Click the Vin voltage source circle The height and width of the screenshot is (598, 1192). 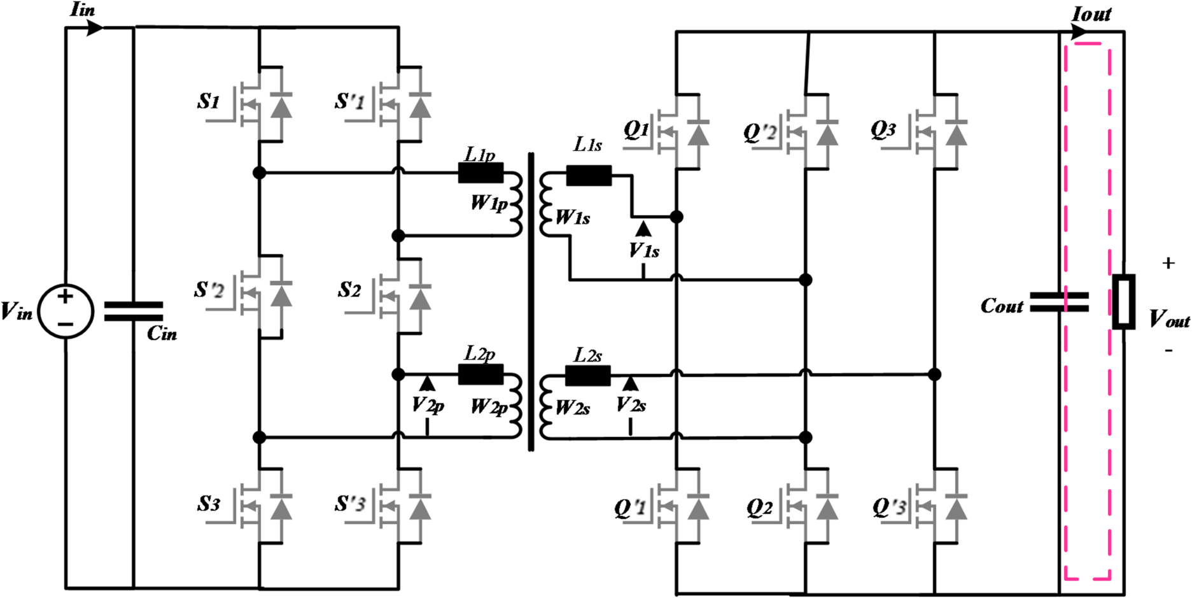66,312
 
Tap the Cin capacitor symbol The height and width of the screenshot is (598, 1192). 134,311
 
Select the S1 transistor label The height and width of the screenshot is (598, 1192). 209,101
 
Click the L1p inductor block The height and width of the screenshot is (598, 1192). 480,173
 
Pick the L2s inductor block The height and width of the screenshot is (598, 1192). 588,376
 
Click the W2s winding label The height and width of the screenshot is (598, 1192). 572,408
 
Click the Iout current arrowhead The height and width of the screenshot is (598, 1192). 1079,32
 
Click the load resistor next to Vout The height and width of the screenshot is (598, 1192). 1123,302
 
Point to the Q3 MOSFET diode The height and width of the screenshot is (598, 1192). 956,134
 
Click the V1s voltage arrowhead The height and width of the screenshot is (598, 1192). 643,229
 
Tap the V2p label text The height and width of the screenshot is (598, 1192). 428,406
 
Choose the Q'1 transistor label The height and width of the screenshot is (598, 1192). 630,508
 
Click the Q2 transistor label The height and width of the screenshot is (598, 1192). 759,508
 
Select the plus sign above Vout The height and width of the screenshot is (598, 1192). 1168,263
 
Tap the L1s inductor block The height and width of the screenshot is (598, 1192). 589,175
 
